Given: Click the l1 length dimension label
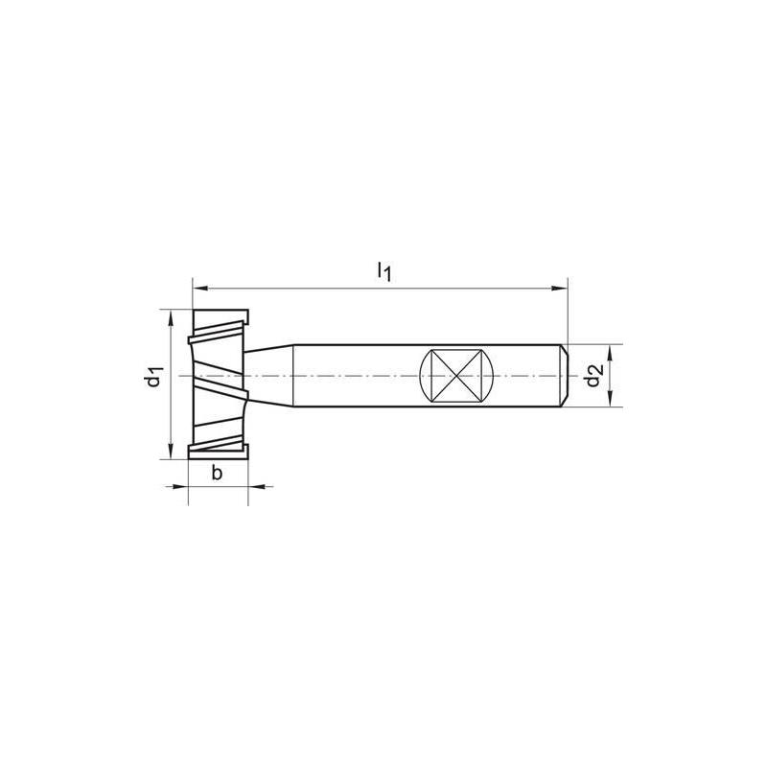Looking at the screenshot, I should pyautogui.click(x=383, y=271).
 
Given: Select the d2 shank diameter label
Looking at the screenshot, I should pyautogui.click(x=595, y=376).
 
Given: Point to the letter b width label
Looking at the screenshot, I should pyautogui.click(x=217, y=472).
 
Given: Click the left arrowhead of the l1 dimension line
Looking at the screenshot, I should pyautogui.click(x=199, y=286).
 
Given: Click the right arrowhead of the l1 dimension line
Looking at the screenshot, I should pyautogui.click(x=561, y=286).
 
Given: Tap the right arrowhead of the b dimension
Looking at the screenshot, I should pyautogui.click(x=257, y=488).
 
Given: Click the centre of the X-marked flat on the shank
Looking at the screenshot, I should pyautogui.click(x=456, y=377).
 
